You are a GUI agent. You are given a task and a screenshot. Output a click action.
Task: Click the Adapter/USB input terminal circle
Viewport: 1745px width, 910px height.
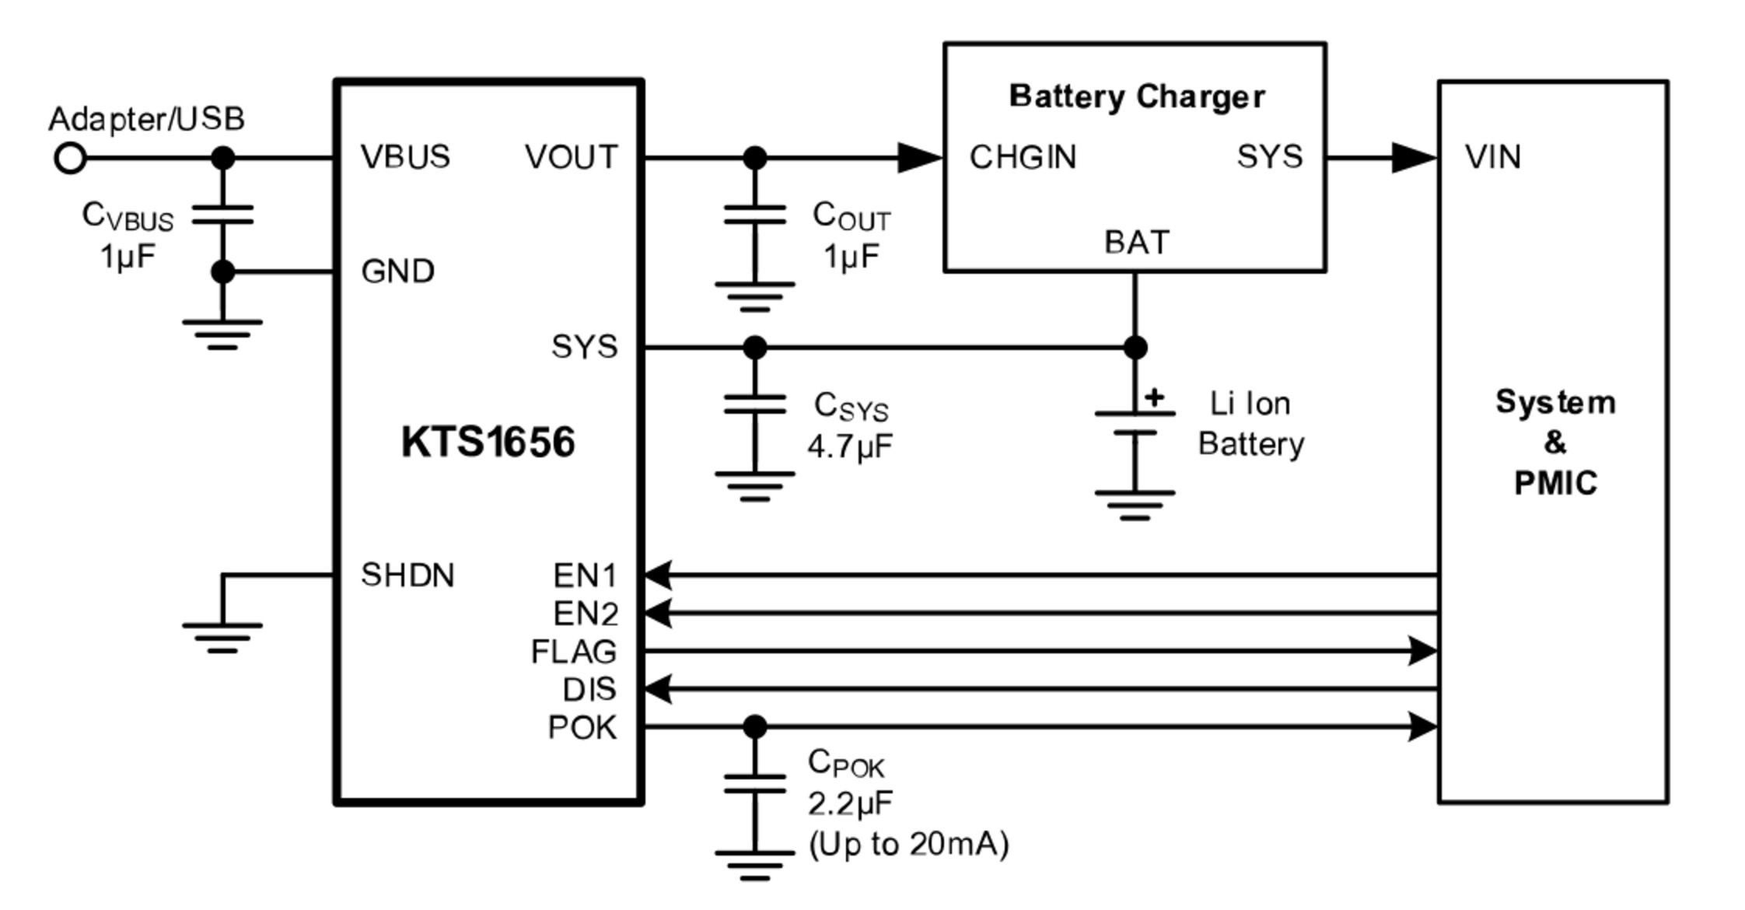[x=70, y=159]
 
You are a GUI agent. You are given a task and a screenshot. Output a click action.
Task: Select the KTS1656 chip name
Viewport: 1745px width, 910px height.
[x=488, y=442]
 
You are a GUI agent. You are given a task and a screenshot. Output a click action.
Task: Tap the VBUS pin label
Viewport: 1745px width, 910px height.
[x=405, y=157]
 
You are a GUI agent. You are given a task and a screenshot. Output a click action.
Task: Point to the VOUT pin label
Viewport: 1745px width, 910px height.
[x=572, y=157]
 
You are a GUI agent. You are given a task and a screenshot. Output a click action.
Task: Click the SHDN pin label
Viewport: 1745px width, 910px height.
[x=407, y=576]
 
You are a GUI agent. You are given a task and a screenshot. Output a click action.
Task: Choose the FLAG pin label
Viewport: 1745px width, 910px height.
[x=574, y=652]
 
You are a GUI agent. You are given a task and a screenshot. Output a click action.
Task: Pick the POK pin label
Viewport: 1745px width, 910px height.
[x=582, y=728]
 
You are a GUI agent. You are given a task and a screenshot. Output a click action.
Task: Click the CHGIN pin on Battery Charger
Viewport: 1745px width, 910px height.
[x=1023, y=157]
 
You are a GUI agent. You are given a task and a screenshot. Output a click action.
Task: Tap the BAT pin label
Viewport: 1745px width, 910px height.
[x=1136, y=243]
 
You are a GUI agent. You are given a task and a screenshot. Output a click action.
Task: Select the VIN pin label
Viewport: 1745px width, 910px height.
[x=1493, y=157]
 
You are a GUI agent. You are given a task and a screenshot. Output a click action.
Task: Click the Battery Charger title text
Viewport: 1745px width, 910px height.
[x=1136, y=97]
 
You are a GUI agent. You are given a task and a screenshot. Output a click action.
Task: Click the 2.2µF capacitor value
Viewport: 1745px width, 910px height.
[x=850, y=804]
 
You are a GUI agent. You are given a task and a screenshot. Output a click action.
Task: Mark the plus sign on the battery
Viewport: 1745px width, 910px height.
[x=1155, y=397]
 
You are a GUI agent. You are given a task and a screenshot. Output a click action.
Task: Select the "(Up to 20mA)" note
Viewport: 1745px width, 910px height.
[x=909, y=845]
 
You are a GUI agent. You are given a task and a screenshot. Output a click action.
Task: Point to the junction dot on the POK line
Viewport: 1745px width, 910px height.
[x=754, y=727]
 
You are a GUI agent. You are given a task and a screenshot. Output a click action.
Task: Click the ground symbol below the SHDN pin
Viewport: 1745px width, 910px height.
[x=222, y=637]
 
